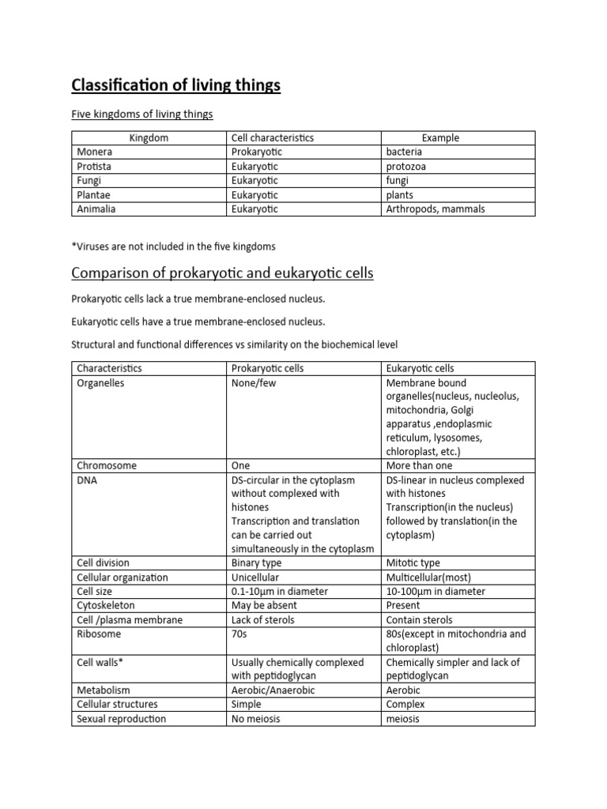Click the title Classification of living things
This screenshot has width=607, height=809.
point(175,85)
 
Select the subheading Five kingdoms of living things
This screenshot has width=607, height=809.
point(142,115)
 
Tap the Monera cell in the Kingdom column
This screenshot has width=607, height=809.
point(95,152)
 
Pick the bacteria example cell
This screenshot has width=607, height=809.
point(404,152)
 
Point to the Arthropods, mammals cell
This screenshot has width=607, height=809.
point(435,209)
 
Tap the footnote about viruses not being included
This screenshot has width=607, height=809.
point(173,246)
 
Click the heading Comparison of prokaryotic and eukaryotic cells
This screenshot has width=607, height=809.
point(222,273)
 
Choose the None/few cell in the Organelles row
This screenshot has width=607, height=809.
point(254,383)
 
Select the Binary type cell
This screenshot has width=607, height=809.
point(257,563)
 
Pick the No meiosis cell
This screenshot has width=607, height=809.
point(256,719)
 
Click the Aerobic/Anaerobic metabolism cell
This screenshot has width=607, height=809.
point(270,690)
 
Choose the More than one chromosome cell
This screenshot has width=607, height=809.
point(419,466)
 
